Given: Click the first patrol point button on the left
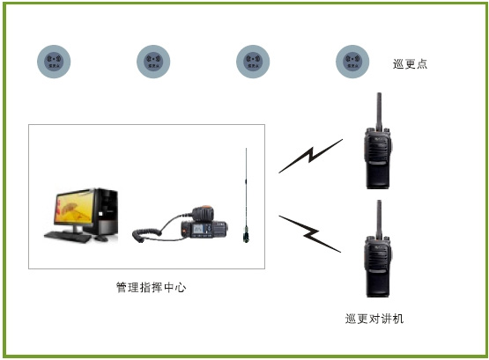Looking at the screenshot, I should click(x=54, y=62).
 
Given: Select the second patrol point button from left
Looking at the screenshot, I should click(x=153, y=62).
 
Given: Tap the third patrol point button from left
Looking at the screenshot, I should click(x=253, y=62).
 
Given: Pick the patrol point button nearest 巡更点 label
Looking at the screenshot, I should click(x=352, y=62).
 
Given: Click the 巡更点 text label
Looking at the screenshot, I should click(x=410, y=64).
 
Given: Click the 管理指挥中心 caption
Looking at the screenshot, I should click(x=151, y=288).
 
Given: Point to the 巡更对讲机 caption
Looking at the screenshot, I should click(x=374, y=319).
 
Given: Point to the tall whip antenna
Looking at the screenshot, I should click(x=246, y=194).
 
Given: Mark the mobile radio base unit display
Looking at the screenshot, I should click(x=198, y=231).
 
